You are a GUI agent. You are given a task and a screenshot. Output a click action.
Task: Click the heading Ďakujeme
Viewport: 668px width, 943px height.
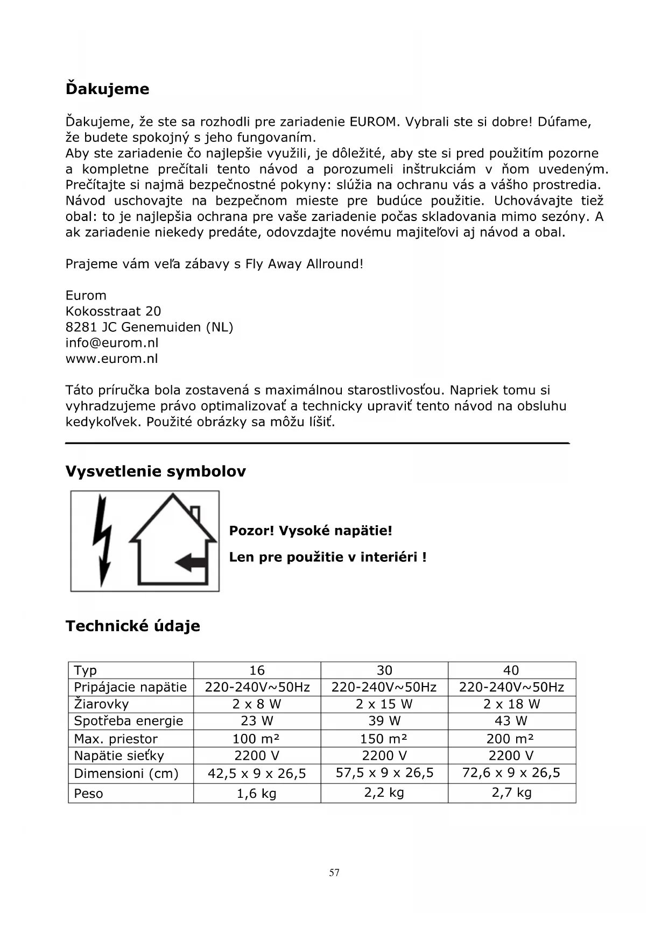pyautogui.click(x=107, y=89)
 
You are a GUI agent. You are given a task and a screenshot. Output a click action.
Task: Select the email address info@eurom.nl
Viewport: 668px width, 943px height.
pyautogui.click(x=112, y=343)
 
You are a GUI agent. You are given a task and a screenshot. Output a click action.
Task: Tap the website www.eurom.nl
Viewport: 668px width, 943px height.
pyautogui.click(x=112, y=359)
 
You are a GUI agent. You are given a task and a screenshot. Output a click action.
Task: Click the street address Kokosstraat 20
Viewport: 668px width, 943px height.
pyautogui.click(x=113, y=311)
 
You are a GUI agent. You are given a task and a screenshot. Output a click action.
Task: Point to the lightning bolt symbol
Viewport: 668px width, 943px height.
pyautogui.click(x=102, y=540)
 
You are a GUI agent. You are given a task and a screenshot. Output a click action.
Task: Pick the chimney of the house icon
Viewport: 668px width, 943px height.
pyautogui.click(x=195, y=514)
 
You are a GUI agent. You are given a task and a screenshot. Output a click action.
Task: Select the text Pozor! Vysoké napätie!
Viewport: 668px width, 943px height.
pyautogui.click(x=311, y=531)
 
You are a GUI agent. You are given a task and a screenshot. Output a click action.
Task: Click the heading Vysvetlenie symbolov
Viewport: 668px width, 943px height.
pyautogui.click(x=156, y=471)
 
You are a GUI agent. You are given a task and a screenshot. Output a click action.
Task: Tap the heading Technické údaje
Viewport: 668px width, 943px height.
pyautogui.click(x=133, y=626)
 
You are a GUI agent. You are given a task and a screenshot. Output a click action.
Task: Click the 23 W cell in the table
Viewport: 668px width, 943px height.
pyautogui.click(x=257, y=721)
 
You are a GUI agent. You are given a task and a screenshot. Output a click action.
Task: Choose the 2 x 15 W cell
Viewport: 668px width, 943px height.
pyautogui.click(x=384, y=704)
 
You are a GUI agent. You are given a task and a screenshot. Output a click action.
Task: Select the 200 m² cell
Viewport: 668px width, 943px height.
pyautogui.click(x=511, y=739)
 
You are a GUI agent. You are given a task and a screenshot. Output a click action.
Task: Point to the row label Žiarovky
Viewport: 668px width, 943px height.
pyautogui.click(x=101, y=704)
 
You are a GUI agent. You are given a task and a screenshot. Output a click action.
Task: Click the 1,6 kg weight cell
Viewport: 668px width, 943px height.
pyautogui.click(x=257, y=794)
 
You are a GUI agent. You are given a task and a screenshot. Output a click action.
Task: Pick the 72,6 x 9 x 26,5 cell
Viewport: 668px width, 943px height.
pyautogui.click(x=511, y=773)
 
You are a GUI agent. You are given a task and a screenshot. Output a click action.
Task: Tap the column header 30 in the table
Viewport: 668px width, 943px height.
pyautogui.click(x=384, y=670)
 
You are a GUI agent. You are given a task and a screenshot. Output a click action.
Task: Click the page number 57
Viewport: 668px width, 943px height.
pyautogui.click(x=334, y=873)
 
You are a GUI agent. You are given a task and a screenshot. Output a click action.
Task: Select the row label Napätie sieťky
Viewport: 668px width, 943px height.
pyautogui.click(x=118, y=756)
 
